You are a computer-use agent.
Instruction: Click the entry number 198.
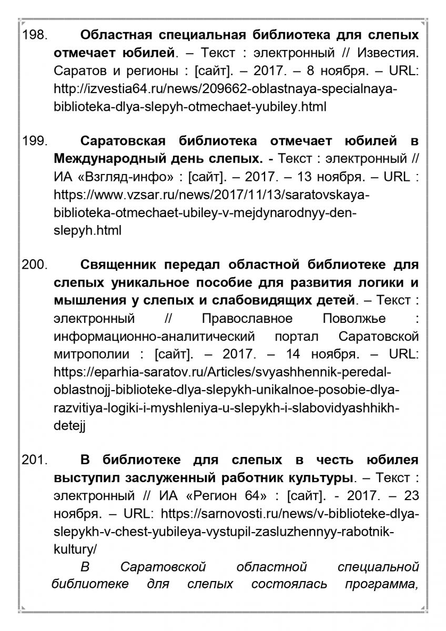click(35, 36)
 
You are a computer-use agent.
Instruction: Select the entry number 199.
click(35, 141)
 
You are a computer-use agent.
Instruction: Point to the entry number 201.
click(35, 460)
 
